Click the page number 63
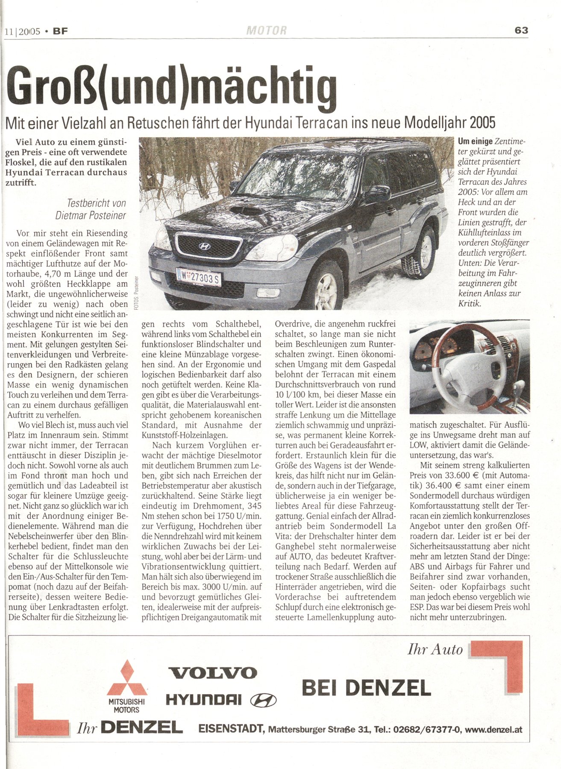pyautogui.click(x=521, y=30)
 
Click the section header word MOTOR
pyautogui.click(x=267, y=31)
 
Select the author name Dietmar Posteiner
pyautogui.click(x=91, y=215)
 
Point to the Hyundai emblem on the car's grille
pyautogui.click(x=205, y=247)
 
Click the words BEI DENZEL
pyautogui.click(x=366, y=687)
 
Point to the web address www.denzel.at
pyautogui.click(x=493, y=730)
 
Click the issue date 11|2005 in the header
pyautogui.click(x=22, y=31)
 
